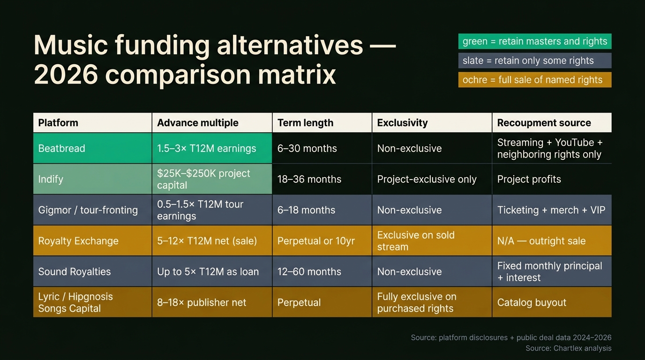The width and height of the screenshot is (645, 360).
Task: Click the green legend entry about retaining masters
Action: pos(534,41)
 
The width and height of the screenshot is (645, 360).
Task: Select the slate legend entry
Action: pos(534,60)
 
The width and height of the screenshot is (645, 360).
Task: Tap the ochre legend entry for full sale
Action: pos(534,80)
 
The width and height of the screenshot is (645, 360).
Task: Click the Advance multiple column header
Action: pos(198,123)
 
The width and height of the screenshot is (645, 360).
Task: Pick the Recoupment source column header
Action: pos(544,123)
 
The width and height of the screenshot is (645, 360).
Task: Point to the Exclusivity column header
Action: pos(402,123)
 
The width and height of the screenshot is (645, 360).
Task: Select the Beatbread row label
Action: pos(61,148)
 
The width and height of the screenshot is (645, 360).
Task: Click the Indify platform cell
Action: pos(51,179)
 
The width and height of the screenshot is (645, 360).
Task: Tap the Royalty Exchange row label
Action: pos(78,241)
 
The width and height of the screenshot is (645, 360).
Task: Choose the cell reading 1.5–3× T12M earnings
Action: pos(206,148)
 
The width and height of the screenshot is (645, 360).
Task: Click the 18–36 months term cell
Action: pos(309,179)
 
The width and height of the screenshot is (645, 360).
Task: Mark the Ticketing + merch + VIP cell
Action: pos(551,210)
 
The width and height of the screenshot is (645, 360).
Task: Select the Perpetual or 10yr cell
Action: pos(316,241)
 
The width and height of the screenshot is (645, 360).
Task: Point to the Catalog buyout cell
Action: pos(532,302)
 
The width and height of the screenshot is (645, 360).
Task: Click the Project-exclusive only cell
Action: pos(427,179)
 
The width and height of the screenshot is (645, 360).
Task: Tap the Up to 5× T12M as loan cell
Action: pos(208,271)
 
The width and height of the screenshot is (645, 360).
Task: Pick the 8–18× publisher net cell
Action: pos(202,302)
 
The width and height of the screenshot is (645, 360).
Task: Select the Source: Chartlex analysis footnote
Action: pos(568,348)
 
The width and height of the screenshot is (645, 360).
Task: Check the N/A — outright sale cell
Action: pos(541,241)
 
